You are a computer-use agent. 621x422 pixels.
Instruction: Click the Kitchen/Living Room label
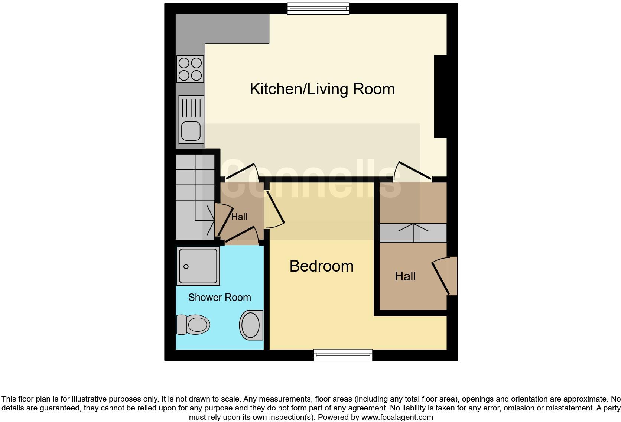point(322,89)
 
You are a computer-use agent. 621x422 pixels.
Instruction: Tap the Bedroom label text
point(321,266)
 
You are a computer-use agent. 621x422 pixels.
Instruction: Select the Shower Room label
point(220,298)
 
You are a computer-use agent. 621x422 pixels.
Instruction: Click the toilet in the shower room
point(193,325)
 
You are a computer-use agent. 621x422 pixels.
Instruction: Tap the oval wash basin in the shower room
point(251,325)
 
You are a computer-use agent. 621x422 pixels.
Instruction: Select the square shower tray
point(198,266)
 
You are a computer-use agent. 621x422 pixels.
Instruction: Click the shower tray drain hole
point(186,266)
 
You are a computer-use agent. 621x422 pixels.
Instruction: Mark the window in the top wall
point(318,9)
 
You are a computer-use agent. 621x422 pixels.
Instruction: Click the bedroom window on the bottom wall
point(343,355)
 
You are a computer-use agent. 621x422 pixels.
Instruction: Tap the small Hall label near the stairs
point(239,217)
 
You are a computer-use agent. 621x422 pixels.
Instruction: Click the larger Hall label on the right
point(405,276)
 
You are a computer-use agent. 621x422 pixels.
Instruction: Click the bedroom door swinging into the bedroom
point(275,207)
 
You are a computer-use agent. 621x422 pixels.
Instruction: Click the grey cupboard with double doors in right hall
point(413,233)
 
